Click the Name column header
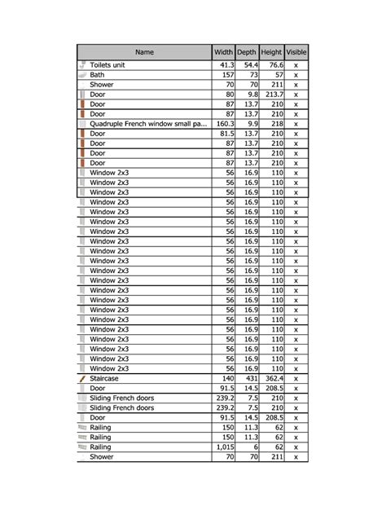click(144, 52)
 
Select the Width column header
click(223, 52)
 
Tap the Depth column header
click(247, 52)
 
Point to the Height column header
click(272, 52)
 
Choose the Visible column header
click(296, 52)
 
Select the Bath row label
click(97, 75)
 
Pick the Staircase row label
click(103, 379)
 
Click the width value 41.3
click(226, 65)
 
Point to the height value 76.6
click(274, 65)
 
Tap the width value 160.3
click(224, 124)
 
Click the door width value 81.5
click(226, 134)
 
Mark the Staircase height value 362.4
click(273, 379)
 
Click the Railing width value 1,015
click(225, 447)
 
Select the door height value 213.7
click(273, 95)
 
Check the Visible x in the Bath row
click(296, 75)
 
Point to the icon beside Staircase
click(81, 379)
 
